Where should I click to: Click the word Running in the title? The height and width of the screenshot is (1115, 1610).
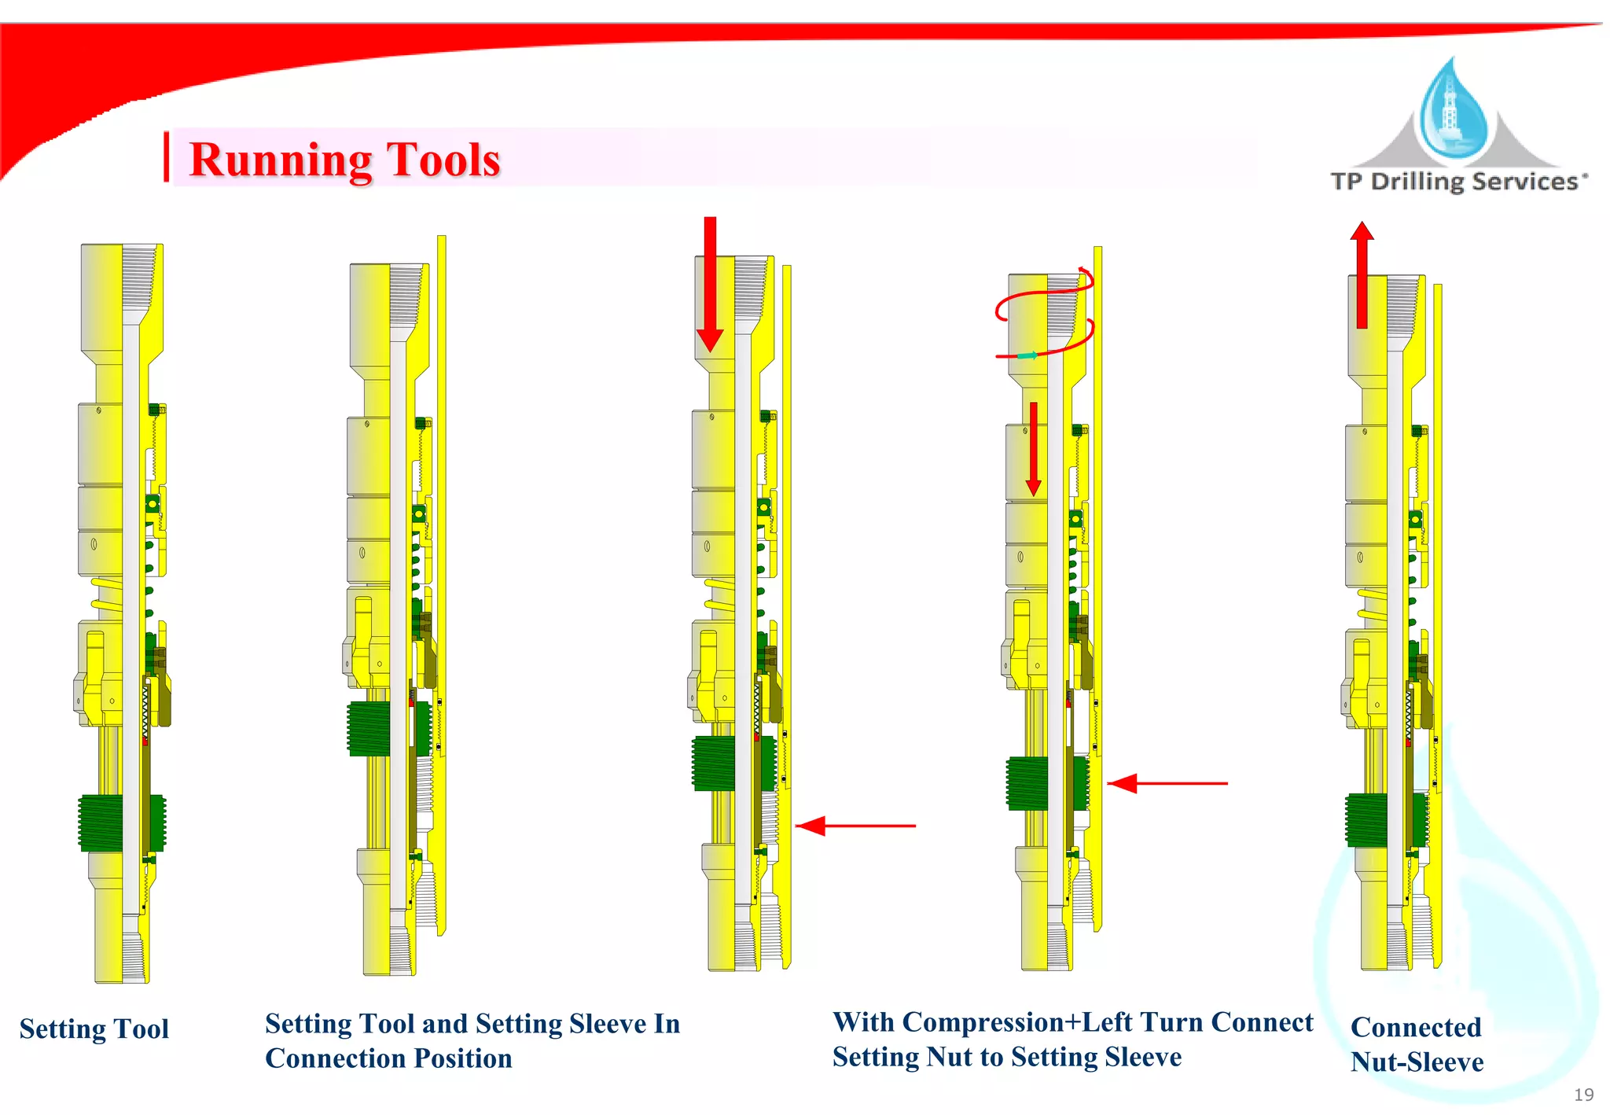click(x=280, y=160)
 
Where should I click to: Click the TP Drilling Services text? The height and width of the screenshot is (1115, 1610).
click(x=1457, y=182)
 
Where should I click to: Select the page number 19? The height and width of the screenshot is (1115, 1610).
click(x=1583, y=1095)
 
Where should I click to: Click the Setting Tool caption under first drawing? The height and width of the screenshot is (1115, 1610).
click(x=94, y=1029)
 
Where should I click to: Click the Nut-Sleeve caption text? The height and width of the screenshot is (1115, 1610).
click(x=1417, y=1062)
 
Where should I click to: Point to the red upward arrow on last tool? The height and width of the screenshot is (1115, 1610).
click(x=1362, y=275)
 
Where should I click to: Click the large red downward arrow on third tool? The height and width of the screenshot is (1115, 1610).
click(x=710, y=283)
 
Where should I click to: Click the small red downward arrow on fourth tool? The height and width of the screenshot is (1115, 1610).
click(x=1033, y=448)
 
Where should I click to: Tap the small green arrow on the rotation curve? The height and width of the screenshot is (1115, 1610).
click(x=1027, y=356)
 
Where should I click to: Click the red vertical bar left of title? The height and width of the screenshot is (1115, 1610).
click(x=167, y=157)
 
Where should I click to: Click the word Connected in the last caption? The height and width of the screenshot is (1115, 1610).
click(x=1415, y=1028)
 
